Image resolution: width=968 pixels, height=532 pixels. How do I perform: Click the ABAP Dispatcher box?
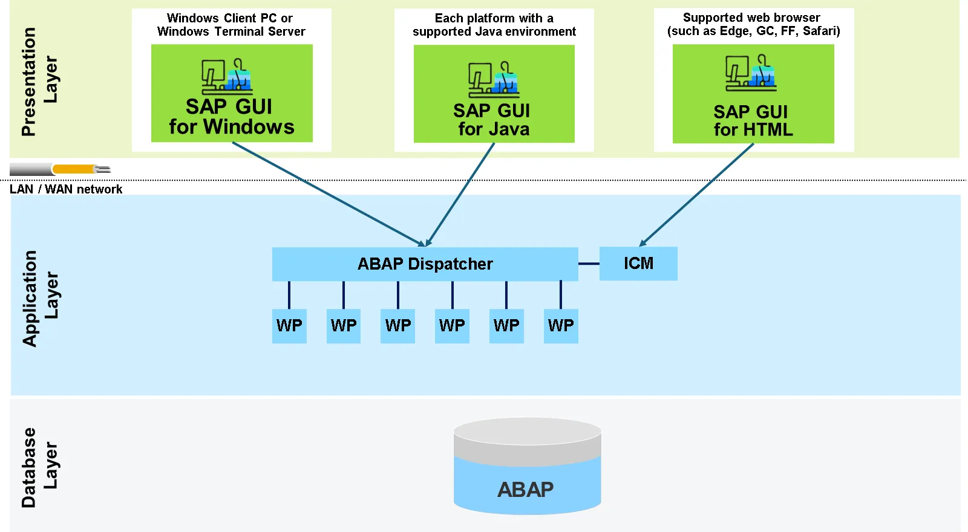pos(425,264)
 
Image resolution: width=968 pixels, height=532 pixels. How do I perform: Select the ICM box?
pos(638,264)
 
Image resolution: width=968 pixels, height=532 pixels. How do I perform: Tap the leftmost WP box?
pos(289,326)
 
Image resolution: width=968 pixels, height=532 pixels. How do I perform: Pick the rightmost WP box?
pos(561,326)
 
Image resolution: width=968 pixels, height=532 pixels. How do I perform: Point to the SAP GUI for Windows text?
pos(231,117)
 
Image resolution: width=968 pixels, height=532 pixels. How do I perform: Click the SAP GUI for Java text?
pos(493,120)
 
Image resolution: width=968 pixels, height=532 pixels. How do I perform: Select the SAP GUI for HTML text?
pos(752,121)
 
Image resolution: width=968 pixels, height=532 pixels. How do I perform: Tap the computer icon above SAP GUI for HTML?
pos(751,73)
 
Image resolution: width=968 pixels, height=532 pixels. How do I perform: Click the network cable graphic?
pos(60,169)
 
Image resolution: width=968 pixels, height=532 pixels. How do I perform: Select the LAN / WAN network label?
pos(66,189)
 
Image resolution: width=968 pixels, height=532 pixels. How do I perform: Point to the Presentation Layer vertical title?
pos(39,82)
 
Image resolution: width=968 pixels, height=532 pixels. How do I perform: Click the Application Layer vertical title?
pos(40,298)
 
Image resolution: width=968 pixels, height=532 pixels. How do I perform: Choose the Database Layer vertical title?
pos(39,467)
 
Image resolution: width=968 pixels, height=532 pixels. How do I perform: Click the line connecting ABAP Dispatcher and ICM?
pos(589,264)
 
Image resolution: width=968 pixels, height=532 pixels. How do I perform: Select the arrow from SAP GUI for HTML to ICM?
pos(696,195)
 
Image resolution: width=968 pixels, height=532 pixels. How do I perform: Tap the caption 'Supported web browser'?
pos(751,18)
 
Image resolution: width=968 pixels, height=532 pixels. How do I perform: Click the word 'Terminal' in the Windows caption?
pos(238,31)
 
